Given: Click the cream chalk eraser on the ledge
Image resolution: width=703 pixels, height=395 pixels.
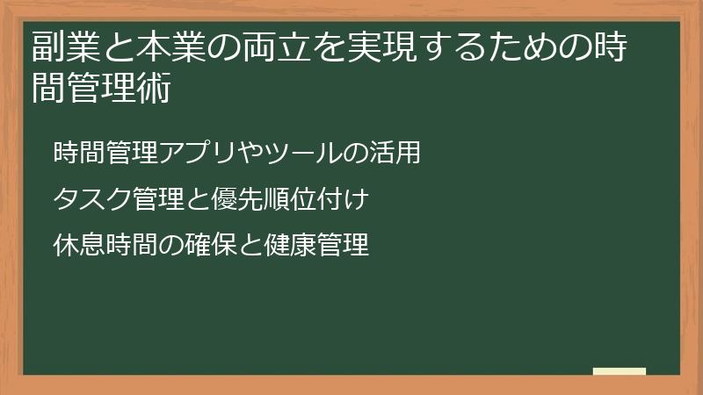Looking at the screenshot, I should [619, 371].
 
